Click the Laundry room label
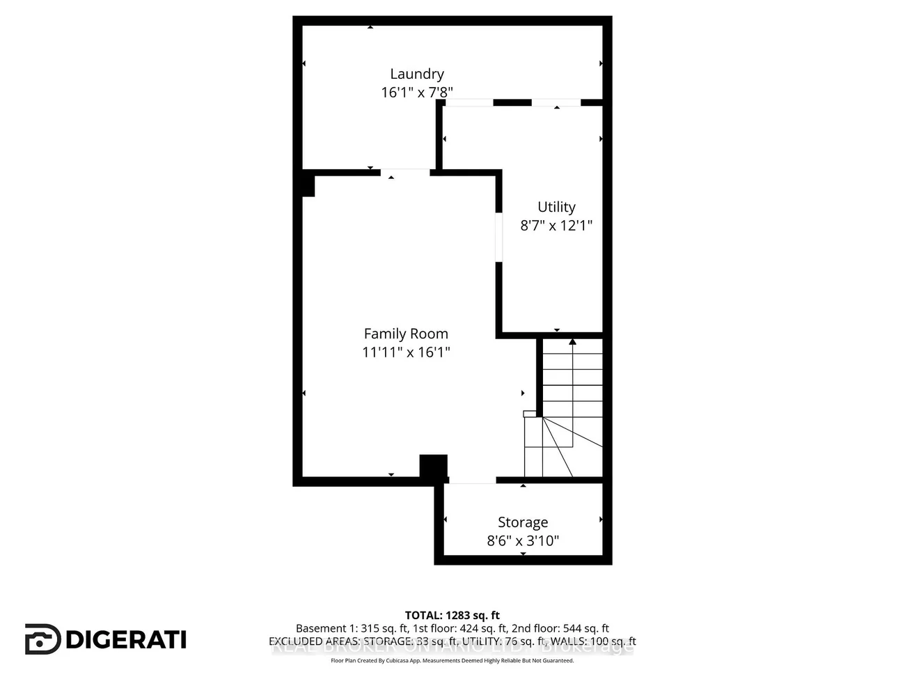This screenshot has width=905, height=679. click(416, 74)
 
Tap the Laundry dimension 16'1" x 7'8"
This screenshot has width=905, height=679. click(416, 92)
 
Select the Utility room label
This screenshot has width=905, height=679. click(556, 207)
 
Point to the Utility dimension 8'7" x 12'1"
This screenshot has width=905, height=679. click(556, 225)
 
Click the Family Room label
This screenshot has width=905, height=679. click(406, 334)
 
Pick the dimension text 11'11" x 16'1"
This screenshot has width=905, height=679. click(406, 352)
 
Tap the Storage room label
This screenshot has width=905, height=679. click(523, 522)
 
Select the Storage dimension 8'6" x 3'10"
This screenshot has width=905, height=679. click(523, 540)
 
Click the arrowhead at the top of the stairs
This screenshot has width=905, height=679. click(572, 342)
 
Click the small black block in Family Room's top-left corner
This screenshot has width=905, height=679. click(308, 185)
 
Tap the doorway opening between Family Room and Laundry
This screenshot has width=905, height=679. click(405, 171)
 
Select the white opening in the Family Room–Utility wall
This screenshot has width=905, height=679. click(498, 237)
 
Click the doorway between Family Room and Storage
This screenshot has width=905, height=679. click(472, 480)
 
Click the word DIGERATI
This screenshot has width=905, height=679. click(127, 639)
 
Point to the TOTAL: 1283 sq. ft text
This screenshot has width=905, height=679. click(452, 615)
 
